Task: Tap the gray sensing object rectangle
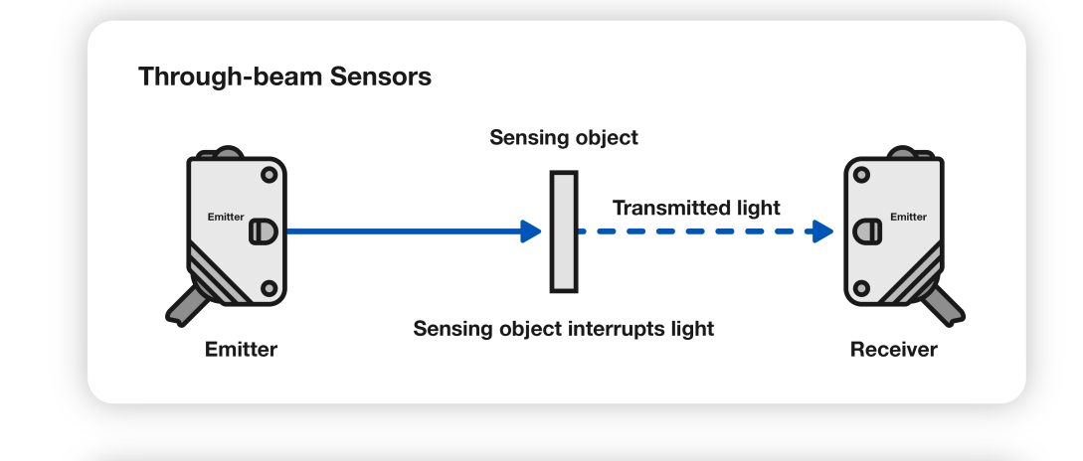click(564, 231)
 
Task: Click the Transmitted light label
click(696, 208)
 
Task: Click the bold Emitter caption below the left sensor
click(241, 350)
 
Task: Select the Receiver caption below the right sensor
click(893, 350)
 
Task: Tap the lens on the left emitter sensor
click(261, 231)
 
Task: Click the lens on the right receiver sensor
click(868, 231)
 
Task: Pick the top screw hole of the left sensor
click(268, 175)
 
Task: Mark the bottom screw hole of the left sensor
click(268, 288)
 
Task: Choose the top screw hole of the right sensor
click(862, 175)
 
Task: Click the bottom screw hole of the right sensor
click(862, 288)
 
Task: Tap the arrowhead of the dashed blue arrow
click(821, 231)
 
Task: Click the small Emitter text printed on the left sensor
click(226, 217)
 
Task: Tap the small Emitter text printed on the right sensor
click(907, 217)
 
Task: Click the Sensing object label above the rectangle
click(564, 138)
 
